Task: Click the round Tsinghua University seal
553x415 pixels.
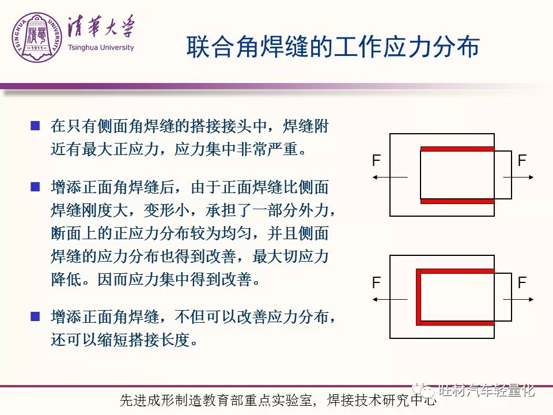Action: (37, 38)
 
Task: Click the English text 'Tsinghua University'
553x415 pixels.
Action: (101, 48)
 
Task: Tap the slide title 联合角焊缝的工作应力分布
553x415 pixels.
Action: (333, 47)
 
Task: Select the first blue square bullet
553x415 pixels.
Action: (35, 126)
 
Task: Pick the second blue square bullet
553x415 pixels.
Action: (35, 187)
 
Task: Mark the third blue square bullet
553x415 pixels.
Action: (35, 316)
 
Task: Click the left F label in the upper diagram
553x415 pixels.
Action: (376, 161)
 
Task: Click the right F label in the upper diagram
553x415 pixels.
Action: (522, 161)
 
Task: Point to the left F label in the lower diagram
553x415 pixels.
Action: (376, 282)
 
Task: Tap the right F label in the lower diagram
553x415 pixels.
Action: (522, 282)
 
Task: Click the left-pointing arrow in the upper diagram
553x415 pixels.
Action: (390, 177)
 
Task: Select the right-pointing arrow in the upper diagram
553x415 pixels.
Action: (518, 177)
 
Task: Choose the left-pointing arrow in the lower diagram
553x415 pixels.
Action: (390, 300)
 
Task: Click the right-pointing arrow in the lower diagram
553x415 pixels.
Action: (518, 300)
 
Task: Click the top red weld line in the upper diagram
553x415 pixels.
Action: (457, 149)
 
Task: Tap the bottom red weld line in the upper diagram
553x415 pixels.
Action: (457, 201)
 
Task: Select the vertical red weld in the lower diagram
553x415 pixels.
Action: (419, 297)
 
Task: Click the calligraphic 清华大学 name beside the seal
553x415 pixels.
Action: (101, 27)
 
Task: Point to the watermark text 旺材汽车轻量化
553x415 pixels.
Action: (487, 390)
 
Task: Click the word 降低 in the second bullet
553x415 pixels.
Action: (66, 280)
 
